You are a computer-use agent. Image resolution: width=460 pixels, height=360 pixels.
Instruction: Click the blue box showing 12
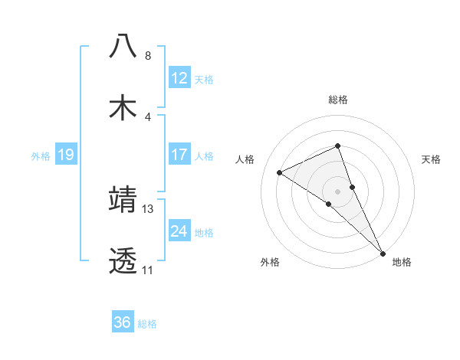point(179,78)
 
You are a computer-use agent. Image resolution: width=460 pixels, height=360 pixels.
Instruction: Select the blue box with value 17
point(179,155)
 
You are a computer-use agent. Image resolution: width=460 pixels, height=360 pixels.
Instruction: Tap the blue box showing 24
point(179,231)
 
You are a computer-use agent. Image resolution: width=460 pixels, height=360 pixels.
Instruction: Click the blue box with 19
point(65,155)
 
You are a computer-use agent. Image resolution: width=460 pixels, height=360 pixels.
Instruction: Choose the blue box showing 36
point(123,322)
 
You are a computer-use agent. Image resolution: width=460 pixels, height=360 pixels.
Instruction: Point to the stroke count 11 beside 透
point(147,270)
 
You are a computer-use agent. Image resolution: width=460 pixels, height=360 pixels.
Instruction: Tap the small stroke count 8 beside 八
point(148,56)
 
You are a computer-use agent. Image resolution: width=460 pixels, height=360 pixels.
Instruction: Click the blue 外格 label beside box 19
point(41,156)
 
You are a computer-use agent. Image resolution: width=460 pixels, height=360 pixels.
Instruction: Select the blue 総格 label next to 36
point(147,324)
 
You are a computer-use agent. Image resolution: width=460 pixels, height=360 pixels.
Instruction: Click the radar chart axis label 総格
point(338,100)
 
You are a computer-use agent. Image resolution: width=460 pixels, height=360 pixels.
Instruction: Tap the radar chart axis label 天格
point(432,159)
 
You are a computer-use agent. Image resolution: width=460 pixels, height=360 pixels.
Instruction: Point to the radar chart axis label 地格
point(402,262)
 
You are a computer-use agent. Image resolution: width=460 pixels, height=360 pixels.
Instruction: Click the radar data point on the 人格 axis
point(279,172)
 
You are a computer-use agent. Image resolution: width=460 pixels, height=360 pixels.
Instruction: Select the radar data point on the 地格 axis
point(383,252)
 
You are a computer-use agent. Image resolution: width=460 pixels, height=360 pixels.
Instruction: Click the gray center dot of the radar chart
point(338,191)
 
